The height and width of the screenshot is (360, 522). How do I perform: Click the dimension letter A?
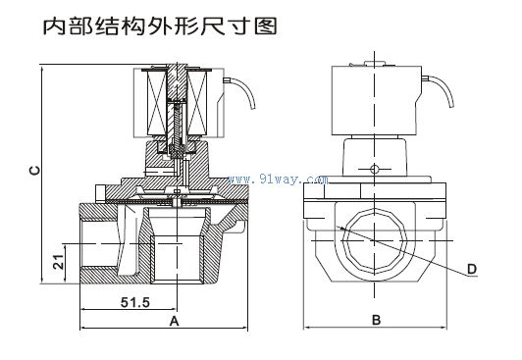[x=173, y=322]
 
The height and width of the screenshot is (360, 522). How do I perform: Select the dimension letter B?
[x=376, y=321]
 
